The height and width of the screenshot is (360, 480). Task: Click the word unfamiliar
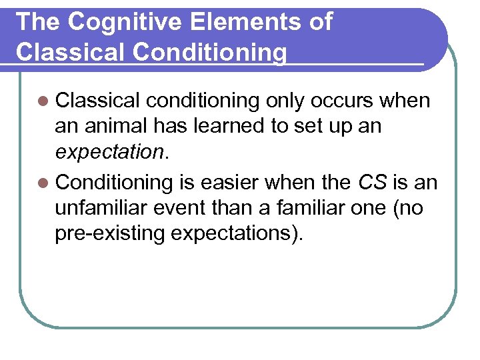coord(103,208)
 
